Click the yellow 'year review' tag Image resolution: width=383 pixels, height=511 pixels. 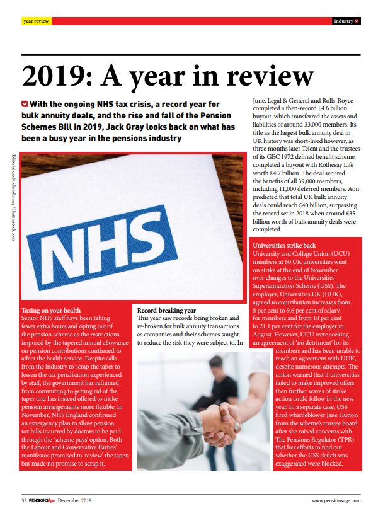point(35,21)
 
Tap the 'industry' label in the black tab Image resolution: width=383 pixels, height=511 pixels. point(343,21)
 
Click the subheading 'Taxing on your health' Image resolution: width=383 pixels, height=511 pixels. point(51,311)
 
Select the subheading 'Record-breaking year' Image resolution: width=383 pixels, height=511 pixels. point(166,310)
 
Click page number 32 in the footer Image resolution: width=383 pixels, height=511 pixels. point(25,500)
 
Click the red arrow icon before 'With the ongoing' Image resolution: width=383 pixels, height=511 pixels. point(24,102)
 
